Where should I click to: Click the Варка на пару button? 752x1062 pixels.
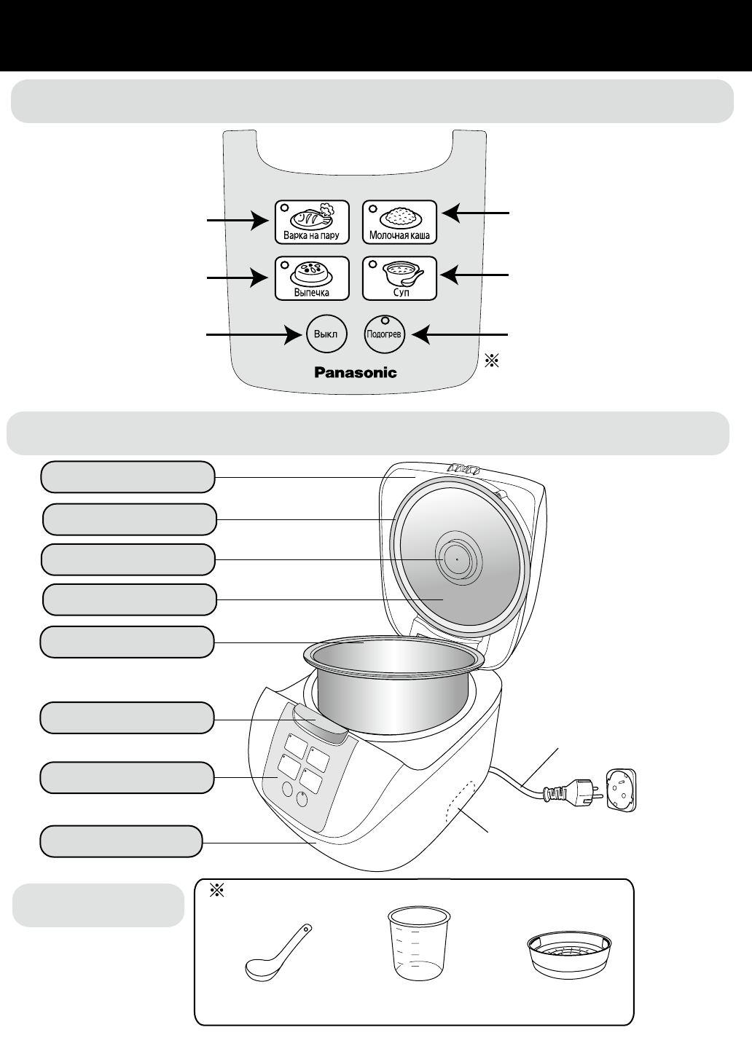(x=311, y=221)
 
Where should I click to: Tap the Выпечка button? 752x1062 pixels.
(x=311, y=278)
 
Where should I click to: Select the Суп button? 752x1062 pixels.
(x=399, y=278)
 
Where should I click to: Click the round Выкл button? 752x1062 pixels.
(x=325, y=334)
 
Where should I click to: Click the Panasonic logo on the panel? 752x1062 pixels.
(x=356, y=372)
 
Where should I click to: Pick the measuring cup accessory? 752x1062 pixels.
(x=417, y=943)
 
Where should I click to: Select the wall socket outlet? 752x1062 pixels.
(x=622, y=790)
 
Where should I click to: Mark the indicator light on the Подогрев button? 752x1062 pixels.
(x=385, y=320)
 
